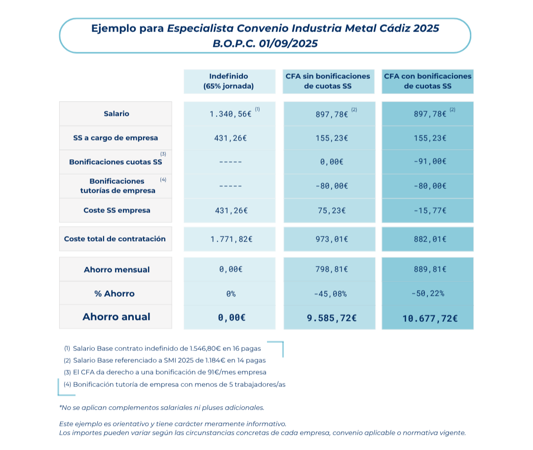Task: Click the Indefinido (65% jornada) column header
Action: pos(229,81)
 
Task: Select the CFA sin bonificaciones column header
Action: pos(328,81)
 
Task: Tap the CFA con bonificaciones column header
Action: pos(427,81)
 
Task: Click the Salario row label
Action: pos(116,114)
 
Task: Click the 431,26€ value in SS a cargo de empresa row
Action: pos(229,138)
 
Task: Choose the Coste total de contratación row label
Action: pos(115,239)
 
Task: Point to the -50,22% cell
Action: pos(427,294)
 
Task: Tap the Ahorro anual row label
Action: pos(116,317)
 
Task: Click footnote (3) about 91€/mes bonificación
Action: pos(165,372)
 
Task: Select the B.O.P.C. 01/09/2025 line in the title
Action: pos(265,43)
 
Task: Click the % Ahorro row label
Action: pos(114,294)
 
